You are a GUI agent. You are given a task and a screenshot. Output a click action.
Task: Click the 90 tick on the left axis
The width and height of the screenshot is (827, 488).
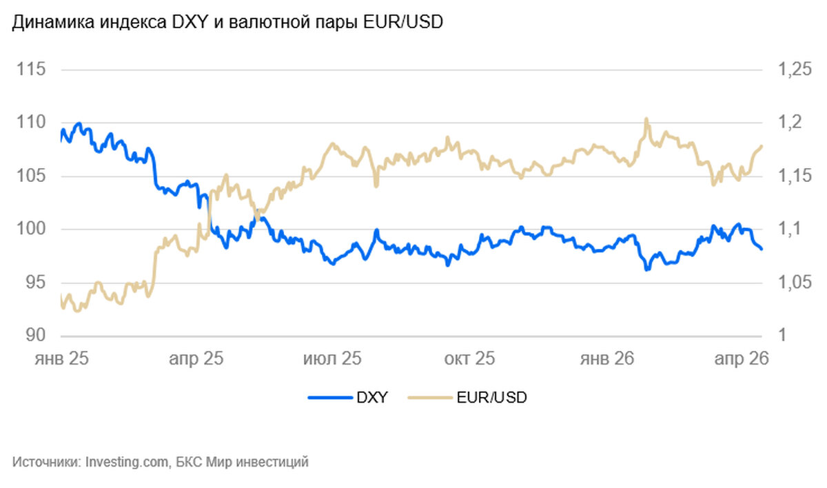34,336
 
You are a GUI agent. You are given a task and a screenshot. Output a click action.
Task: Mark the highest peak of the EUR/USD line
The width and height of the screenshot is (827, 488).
646,119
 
